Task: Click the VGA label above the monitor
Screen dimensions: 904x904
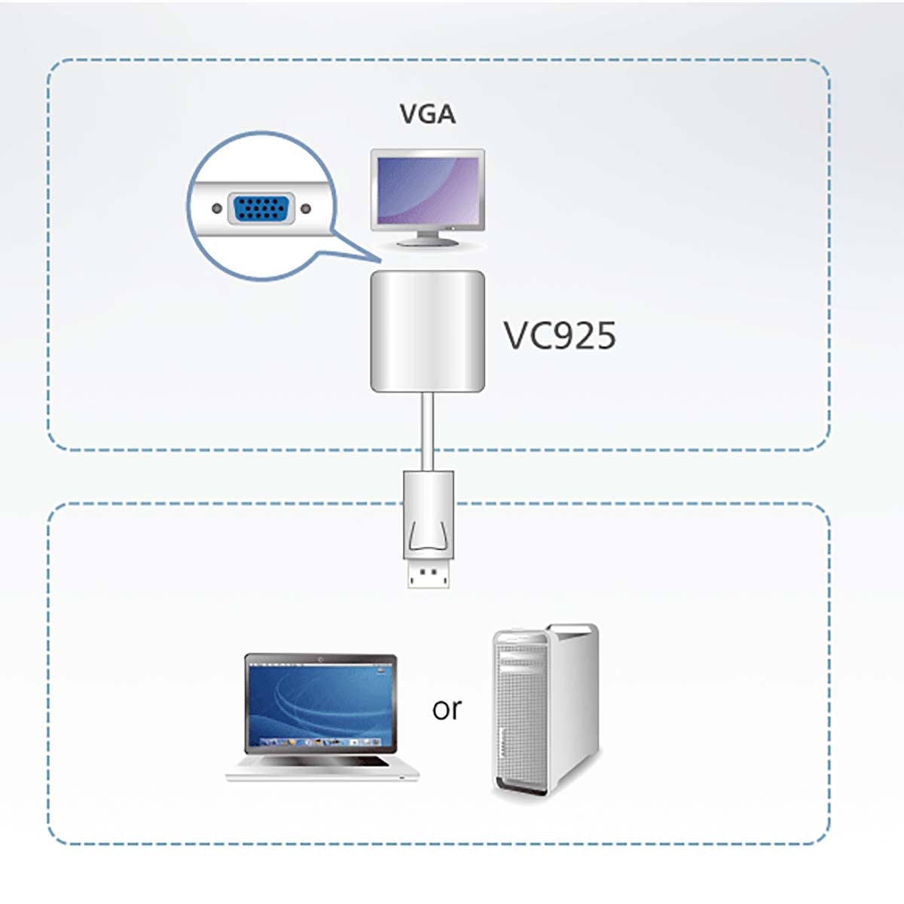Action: point(427,114)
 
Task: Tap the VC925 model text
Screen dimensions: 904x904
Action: point(560,335)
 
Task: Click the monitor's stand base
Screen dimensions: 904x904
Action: point(427,242)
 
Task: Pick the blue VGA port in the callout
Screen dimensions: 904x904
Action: point(261,209)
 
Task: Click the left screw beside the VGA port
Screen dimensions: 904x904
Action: point(217,209)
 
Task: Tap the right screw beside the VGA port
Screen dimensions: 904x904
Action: point(305,209)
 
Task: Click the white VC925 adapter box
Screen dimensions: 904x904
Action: point(427,331)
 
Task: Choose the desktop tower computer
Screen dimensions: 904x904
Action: point(545,708)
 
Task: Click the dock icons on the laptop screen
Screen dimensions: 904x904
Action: point(321,743)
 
